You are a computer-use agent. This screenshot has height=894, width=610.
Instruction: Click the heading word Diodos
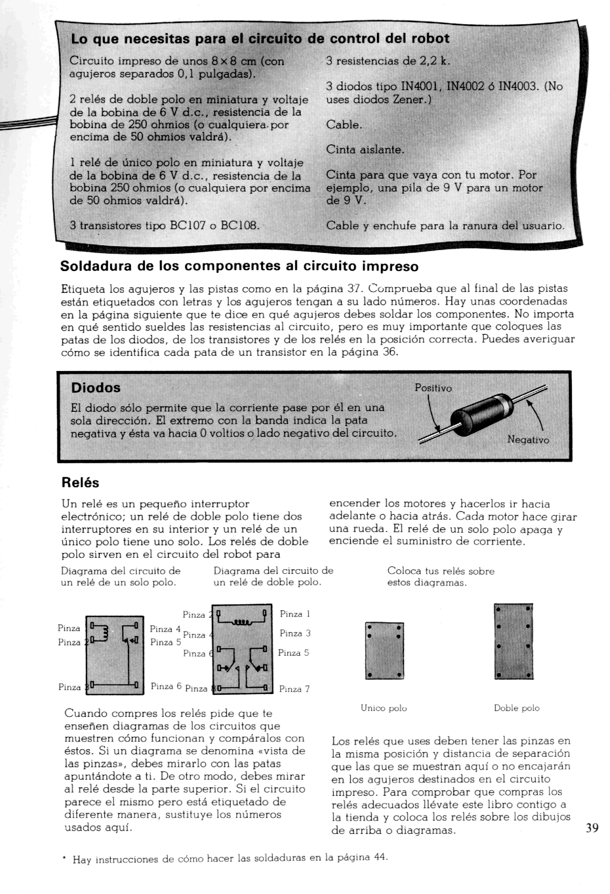click(x=95, y=388)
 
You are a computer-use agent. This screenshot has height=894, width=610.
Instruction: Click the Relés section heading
click(x=81, y=482)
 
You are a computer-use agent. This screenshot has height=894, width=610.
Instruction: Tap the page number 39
click(x=592, y=827)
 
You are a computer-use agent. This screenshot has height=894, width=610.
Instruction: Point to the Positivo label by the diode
click(x=433, y=388)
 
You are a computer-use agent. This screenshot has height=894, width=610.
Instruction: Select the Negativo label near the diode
click(x=528, y=440)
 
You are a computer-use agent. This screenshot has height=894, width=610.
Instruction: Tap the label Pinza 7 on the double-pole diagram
click(x=294, y=689)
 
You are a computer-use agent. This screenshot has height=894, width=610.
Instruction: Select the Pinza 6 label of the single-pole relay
click(x=166, y=686)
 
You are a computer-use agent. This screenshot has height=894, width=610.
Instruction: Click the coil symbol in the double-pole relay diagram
click(x=242, y=622)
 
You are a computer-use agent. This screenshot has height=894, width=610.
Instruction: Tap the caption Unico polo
click(x=384, y=708)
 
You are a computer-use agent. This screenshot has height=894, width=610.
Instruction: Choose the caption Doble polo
click(x=517, y=708)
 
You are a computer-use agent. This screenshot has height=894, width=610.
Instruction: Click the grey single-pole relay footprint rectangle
click(x=384, y=650)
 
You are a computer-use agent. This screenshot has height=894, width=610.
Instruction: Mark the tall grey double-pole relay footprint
click(x=514, y=641)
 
